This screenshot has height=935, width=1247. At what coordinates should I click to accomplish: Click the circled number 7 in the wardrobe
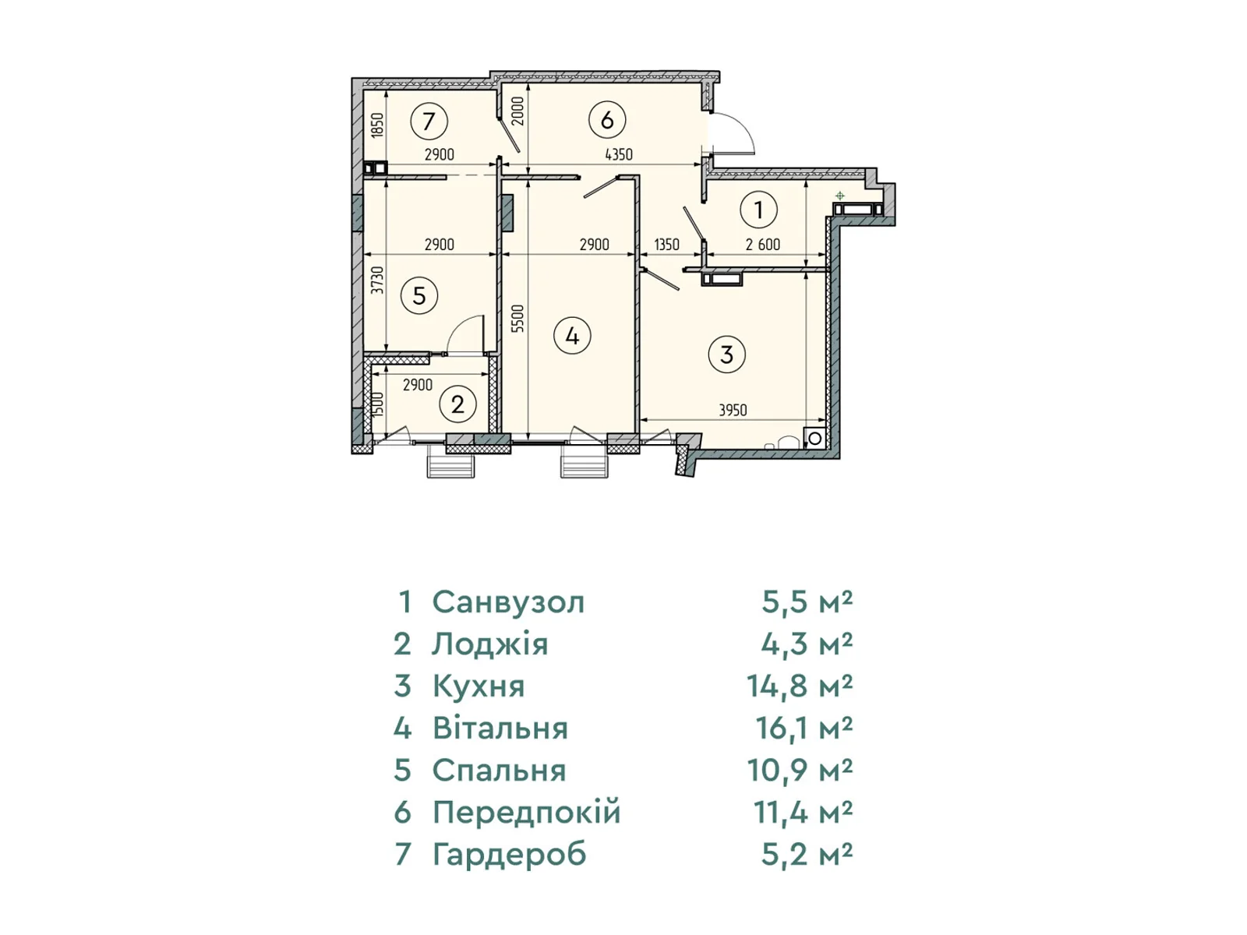click(429, 121)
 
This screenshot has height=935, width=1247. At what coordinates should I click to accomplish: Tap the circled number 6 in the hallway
click(606, 120)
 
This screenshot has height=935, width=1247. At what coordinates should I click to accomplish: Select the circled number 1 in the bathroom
click(758, 210)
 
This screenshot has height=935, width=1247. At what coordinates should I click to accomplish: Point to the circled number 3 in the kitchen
click(726, 355)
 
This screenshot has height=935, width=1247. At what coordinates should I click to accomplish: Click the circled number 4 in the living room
click(572, 336)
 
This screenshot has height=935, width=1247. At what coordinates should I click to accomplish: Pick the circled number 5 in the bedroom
click(419, 295)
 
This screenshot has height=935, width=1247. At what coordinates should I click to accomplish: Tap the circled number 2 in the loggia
click(457, 404)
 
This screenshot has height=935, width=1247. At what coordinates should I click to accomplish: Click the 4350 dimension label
click(619, 154)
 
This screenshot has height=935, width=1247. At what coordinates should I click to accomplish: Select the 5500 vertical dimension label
click(518, 319)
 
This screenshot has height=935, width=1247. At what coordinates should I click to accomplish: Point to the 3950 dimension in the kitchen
click(733, 410)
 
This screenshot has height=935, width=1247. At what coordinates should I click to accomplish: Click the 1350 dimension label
click(666, 245)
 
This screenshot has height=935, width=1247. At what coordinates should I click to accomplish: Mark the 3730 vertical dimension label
click(377, 280)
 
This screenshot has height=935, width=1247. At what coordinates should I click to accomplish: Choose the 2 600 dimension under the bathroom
click(762, 245)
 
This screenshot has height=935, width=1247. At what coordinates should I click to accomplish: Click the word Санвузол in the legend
click(508, 602)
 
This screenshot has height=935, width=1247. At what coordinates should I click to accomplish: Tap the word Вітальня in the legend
click(500, 729)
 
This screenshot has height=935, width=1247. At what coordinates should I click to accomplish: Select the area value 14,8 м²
click(800, 686)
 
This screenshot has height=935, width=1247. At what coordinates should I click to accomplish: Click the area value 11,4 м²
click(804, 813)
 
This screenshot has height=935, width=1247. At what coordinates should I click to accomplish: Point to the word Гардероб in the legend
click(510, 855)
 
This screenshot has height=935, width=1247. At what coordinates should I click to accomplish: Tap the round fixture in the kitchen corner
click(814, 438)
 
